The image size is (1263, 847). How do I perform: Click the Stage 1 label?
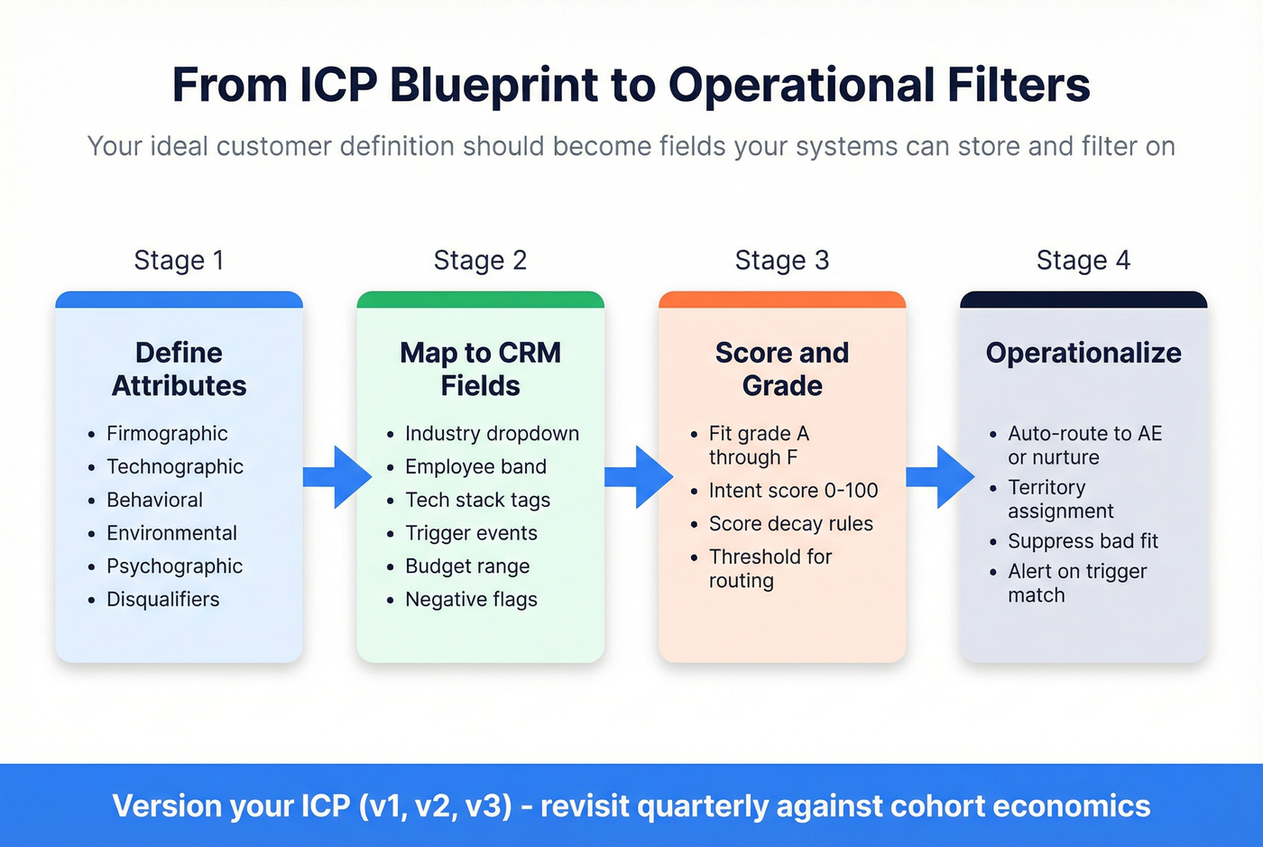(x=179, y=261)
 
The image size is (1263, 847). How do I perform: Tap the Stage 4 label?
(x=1083, y=261)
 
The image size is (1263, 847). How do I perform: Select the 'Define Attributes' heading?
(x=179, y=369)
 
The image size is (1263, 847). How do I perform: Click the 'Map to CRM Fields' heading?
(x=480, y=369)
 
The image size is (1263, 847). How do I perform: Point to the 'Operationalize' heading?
(x=1083, y=353)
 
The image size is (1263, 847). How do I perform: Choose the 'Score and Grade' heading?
(x=781, y=369)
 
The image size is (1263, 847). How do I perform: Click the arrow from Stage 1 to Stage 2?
(x=337, y=476)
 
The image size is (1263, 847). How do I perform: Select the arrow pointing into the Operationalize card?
(x=940, y=476)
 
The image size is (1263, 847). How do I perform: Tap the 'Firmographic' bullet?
(x=167, y=434)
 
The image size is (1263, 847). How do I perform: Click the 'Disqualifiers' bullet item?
(x=162, y=600)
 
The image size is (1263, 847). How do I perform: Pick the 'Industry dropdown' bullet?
(x=492, y=434)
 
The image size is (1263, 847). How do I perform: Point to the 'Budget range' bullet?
(x=467, y=566)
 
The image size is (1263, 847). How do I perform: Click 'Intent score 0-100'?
(x=793, y=491)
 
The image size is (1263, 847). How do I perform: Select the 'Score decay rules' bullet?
(x=790, y=524)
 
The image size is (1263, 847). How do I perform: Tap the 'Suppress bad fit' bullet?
(x=1083, y=541)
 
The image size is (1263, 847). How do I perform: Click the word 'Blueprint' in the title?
(x=493, y=86)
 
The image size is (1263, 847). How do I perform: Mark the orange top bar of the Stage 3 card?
(x=781, y=299)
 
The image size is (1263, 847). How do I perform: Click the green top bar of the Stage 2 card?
(x=480, y=299)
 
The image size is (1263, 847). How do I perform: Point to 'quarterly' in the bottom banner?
(x=701, y=806)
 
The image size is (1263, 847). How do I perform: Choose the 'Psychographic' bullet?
(x=174, y=566)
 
